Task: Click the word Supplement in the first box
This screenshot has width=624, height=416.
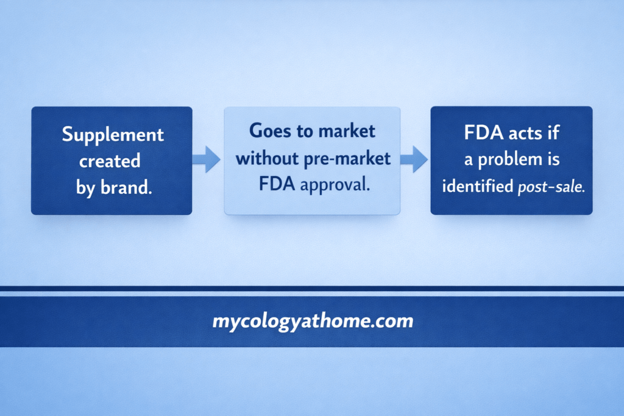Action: click(113, 134)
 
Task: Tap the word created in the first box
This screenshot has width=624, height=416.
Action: click(110, 161)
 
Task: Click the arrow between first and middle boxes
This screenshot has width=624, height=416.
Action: click(207, 160)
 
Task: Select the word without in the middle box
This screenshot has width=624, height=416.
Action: click(266, 158)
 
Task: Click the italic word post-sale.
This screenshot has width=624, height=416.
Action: click(550, 188)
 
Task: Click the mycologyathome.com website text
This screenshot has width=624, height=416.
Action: click(312, 321)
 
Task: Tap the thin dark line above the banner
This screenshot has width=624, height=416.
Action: click(312, 289)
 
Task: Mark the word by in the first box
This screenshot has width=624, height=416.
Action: click(86, 188)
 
